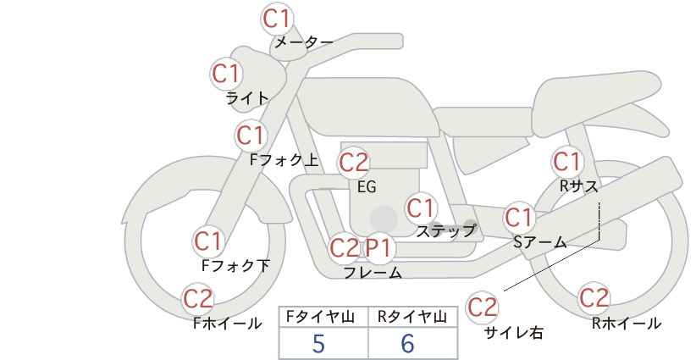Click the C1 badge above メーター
click(277, 18)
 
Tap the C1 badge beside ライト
click(226, 74)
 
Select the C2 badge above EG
click(353, 161)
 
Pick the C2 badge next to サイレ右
click(483, 306)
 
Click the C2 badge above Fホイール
click(198, 298)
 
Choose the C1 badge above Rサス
click(566, 161)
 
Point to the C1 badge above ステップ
click(420, 208)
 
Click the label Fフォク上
click(284, 158)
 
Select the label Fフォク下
click(235, 266)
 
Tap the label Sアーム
click(540, 241)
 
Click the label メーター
click(302, 42)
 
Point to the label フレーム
click(373, 273)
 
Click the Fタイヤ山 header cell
click(323, 317)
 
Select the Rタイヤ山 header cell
click(413, 317)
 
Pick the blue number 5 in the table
click(318, 344)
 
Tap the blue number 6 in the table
click(407, 344)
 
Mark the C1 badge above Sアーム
click(518, 217)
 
